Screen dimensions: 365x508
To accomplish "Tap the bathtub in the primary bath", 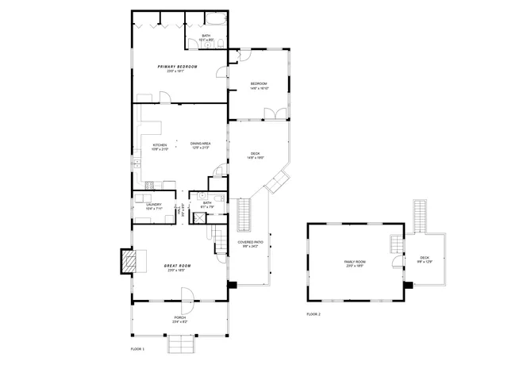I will tap(215, 19).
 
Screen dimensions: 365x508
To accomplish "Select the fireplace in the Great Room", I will tap(128, 260).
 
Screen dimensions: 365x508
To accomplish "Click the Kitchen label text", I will tap(160, 145).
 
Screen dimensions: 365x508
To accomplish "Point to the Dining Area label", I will tap(200, 144).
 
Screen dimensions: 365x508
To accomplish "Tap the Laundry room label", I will tap(154, 205).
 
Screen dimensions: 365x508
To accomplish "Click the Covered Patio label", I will tap(249, 241).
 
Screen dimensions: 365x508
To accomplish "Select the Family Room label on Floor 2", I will tap(354, 261).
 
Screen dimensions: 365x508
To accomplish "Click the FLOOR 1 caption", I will tap(139, 348).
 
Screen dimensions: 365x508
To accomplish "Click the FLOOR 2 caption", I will tap(314, 314).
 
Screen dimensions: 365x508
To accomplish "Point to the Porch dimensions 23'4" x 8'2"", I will tap(180, 322).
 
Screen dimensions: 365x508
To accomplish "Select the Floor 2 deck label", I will tap(424, 257).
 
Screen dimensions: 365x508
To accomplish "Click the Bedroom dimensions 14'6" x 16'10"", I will tap(260, 88).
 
